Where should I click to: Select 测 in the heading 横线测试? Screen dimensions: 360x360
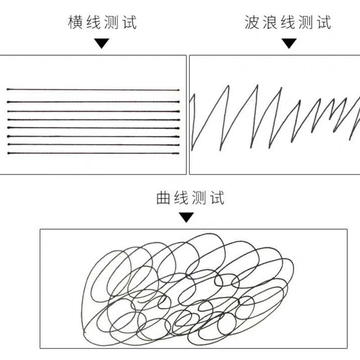110,22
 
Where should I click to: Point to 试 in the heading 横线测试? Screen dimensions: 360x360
128,22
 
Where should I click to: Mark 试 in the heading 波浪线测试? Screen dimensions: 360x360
323,22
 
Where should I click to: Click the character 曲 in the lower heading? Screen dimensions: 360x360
163,198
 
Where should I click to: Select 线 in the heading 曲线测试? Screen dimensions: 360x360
180,198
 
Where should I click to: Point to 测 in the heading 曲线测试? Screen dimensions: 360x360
198,198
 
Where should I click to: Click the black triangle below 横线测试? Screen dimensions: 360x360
102,44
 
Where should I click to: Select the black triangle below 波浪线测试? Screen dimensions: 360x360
289,44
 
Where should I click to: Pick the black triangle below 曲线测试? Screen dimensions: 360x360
186,217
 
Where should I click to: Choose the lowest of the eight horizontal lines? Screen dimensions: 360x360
93,153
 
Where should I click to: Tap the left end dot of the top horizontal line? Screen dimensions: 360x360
8,90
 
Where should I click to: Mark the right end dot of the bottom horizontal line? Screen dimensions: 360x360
178,153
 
